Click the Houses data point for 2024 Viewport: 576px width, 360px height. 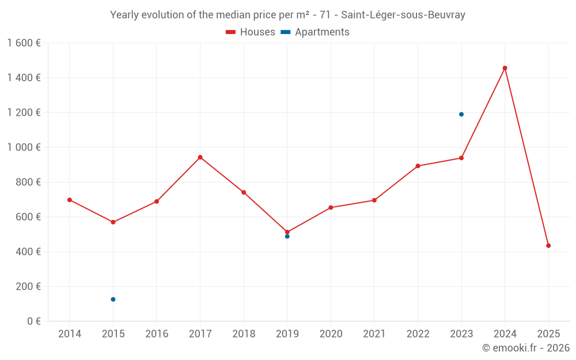point(505,68)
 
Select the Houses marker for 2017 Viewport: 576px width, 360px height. point(200,157)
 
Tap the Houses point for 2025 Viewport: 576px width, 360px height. point(548,245)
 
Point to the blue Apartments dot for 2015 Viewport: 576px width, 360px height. point(113,300)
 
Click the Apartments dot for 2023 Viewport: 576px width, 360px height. point(461,114)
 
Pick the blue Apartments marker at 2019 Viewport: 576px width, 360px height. point(287,236)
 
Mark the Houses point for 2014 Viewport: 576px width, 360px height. point(69,200)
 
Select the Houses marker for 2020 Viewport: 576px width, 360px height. point(331,207)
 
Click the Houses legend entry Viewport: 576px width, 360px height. point(251,32)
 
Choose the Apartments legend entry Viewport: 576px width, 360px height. point(315,32)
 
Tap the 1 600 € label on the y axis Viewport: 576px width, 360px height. point(24,43)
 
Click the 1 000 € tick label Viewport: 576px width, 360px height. point(24,147)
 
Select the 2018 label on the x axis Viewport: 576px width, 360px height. point(244,334)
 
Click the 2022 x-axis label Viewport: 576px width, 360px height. point(418,334)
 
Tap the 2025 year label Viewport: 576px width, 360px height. point(548,334)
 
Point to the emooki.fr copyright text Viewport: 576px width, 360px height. point(525,348)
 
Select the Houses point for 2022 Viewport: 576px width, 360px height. point(418,166)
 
